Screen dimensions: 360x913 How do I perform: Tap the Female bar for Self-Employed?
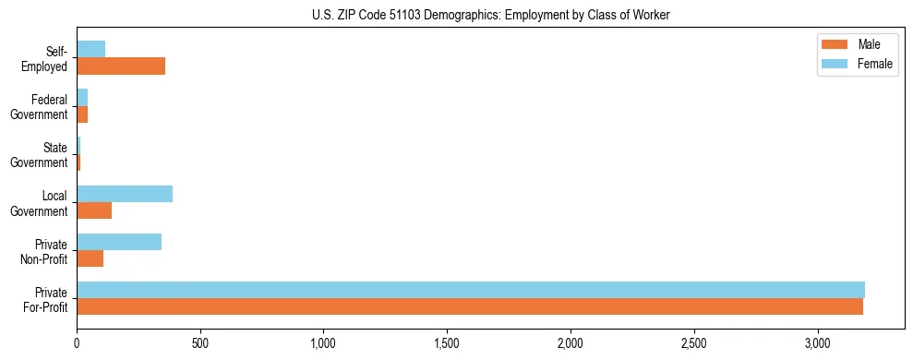click(x=90, y=49)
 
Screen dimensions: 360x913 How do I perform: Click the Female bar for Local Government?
click(x=125, y=194)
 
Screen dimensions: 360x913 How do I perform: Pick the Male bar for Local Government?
click(x=94, y=210)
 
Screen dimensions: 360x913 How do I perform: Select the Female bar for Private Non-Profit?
click(x=119, y=242)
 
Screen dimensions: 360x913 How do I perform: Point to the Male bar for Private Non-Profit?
click(x=90, y=258)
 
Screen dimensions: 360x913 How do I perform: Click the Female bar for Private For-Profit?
click(x=471, y=290)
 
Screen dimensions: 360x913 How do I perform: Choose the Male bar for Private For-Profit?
click(x=470, y=306)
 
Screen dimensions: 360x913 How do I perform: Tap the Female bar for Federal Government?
click(x=82, y=97)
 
